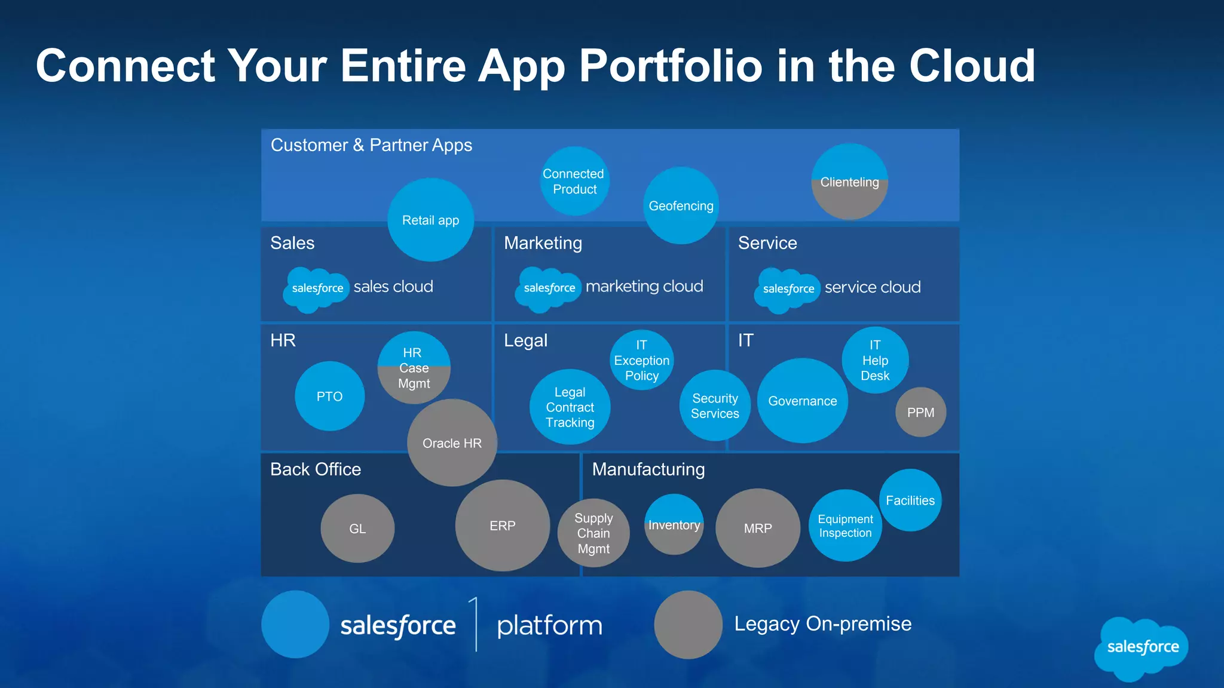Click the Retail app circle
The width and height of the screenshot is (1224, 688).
(x=430, y=220)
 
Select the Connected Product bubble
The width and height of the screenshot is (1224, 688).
(x=574, y=181)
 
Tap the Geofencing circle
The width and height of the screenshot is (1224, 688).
(x=681, y=205)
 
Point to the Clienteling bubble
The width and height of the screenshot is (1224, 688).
(x=849, y=182)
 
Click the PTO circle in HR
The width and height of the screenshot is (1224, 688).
(x=329, y=396)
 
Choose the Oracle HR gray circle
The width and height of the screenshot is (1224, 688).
(x=452, y=443)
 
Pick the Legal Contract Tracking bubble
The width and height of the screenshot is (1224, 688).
(x=570, y=407)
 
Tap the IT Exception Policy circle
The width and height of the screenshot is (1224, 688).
(x=641, y=360)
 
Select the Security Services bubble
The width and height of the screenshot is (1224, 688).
(x=715, y=406)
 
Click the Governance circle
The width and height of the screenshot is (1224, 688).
(x=802, y=401)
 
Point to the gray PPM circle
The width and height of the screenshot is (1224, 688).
(x=920, y=412)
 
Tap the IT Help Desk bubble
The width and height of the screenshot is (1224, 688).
(x=875, y=360)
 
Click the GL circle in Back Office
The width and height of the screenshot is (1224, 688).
(x=357, y=529)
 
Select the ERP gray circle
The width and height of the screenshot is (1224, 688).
(x=502, y=526)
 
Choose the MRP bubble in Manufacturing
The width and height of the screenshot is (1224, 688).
(x=758, y=528)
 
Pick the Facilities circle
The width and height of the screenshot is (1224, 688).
(x=910, y=500)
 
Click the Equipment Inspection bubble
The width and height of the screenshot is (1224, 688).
(x=845, y=526)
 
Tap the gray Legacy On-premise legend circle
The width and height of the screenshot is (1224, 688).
(x=688, y=625)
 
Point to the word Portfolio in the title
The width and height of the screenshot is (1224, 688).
(x=670, y=66)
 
